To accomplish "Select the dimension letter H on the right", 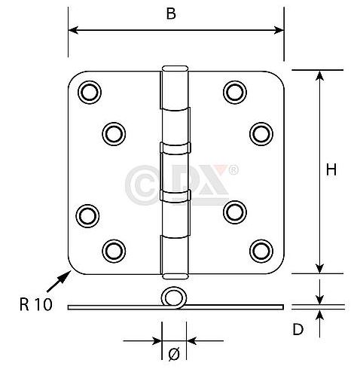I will [331, 171].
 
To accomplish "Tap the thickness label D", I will [298, 329].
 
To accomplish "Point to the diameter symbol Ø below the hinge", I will [174, 352].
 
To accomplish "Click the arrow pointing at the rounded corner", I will [58, 283].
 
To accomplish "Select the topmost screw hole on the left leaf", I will [89, 92].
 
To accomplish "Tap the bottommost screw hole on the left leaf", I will [114, 249].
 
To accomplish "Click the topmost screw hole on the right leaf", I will [234, 92].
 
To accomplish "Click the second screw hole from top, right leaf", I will [260, 133].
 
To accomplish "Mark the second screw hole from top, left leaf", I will [114, 133].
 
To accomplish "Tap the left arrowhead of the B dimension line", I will [73, 31].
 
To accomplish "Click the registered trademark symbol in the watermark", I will [233, 170].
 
